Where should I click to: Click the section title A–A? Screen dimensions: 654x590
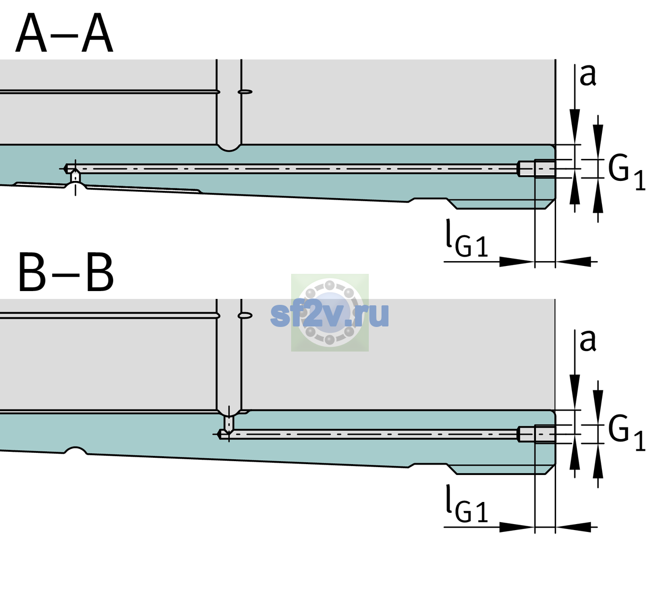64,33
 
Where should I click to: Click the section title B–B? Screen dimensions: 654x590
66,272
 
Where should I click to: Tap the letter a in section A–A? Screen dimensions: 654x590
588,76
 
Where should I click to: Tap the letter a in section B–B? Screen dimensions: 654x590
588,341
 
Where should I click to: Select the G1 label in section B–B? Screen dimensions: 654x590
626,433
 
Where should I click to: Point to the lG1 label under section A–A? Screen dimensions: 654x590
467,239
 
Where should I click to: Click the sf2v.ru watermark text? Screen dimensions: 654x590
329,315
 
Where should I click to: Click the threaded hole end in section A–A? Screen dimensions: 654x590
536,169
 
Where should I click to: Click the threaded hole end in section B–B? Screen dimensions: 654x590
536,434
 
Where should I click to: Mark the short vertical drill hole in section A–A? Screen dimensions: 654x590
75,177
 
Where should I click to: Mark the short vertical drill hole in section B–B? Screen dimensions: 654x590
229,423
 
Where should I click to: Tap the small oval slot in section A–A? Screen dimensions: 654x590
245,92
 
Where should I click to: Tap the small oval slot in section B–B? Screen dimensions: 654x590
245,316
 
